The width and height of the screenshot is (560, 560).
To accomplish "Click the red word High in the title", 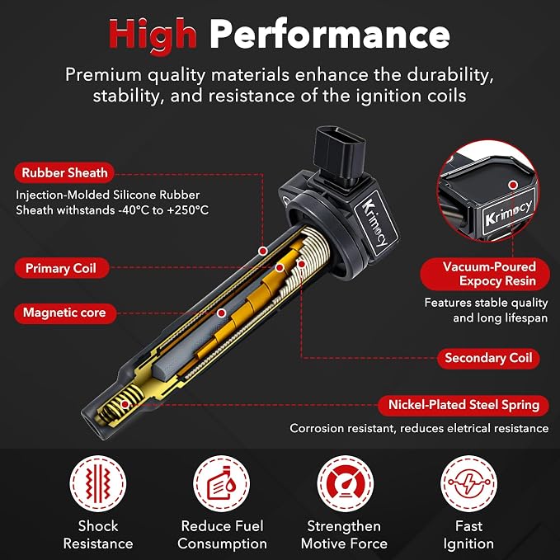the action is click(153, 35).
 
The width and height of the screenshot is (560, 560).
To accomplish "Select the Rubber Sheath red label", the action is click(64, 173).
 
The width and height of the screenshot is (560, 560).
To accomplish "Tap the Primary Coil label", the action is click(61, 268).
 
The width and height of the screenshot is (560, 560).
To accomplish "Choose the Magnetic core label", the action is click(65, 313).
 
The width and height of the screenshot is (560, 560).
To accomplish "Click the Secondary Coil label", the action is click(488, 358).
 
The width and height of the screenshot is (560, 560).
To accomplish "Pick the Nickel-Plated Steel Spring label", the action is click(464, 405).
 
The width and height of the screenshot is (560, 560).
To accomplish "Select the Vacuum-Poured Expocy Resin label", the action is click(485, 274).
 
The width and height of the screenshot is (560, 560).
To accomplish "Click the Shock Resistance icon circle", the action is click(98, 483).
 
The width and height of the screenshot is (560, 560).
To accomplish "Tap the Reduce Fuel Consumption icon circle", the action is click(221, 483).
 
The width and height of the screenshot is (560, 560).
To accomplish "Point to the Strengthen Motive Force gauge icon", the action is click(346, 483).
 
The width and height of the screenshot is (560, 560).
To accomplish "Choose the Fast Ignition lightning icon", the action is click(468, 483).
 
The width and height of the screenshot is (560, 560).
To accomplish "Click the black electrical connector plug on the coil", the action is click(339, 154).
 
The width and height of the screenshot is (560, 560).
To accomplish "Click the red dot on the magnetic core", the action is click(221, 313).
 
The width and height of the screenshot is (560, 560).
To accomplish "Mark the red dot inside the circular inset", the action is click(513, 185).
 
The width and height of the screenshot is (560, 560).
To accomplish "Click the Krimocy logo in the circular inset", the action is click(509, 213).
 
